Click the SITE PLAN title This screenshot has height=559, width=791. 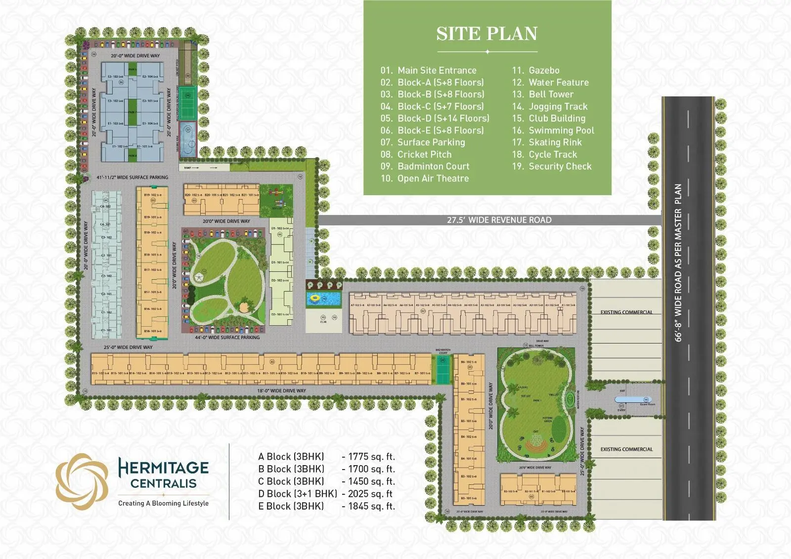coord(487,34)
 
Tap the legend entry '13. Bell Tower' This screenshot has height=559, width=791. coord(542,94)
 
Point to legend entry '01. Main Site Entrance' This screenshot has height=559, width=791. coord(428,70)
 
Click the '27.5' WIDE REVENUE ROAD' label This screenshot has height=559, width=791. coord(499,220)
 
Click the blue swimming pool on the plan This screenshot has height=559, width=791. coord(324,299)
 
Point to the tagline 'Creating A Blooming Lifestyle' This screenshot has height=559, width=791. coord(163,503)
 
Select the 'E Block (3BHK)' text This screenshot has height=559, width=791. coord(291,506)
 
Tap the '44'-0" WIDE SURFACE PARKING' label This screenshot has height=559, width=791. coord(227,338)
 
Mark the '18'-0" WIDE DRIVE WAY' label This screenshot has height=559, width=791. coord(281,390)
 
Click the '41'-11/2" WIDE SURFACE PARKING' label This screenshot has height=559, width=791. coord(132,177)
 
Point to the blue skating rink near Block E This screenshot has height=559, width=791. coord(187,133)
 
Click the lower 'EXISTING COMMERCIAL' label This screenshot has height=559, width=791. coord(626,449)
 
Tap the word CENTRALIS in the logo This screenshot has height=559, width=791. coord(163,483)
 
